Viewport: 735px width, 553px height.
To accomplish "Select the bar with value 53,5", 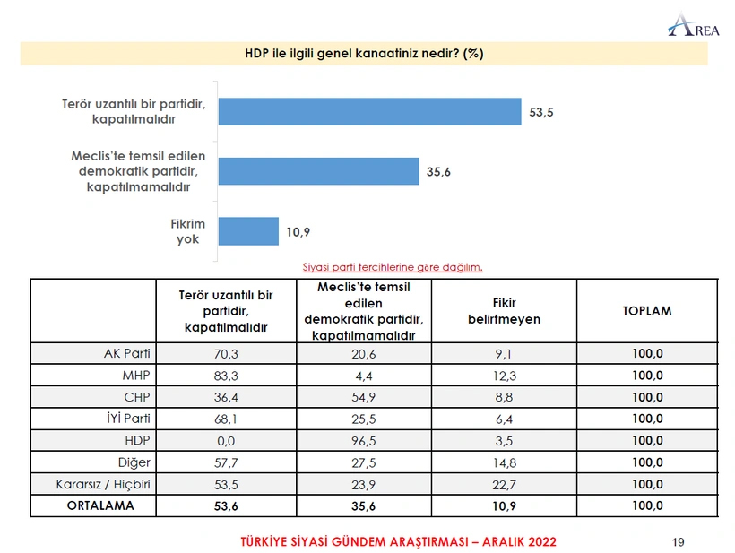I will pos(369,112).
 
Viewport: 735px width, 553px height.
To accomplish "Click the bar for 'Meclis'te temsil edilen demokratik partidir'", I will pos(318,171).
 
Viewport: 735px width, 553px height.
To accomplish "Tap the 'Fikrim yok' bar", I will pos(248,231).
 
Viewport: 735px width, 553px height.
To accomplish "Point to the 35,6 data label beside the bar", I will pos(437,172).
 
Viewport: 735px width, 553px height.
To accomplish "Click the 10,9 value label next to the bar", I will pos(298,232).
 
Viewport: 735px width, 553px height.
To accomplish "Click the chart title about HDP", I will pos(364,53).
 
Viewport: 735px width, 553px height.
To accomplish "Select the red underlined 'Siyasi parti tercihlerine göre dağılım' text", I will pos(393,267).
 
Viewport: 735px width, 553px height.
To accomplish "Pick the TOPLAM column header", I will pos(646,311).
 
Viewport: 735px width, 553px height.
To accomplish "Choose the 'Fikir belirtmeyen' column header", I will pos(504,311).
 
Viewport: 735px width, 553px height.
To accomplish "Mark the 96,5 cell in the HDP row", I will pos(363,441).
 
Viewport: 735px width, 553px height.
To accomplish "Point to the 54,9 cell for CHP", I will pos(363,397).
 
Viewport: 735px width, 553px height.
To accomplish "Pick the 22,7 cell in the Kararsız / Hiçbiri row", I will pos(504,484).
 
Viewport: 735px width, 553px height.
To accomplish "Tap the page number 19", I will pos(679,541).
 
